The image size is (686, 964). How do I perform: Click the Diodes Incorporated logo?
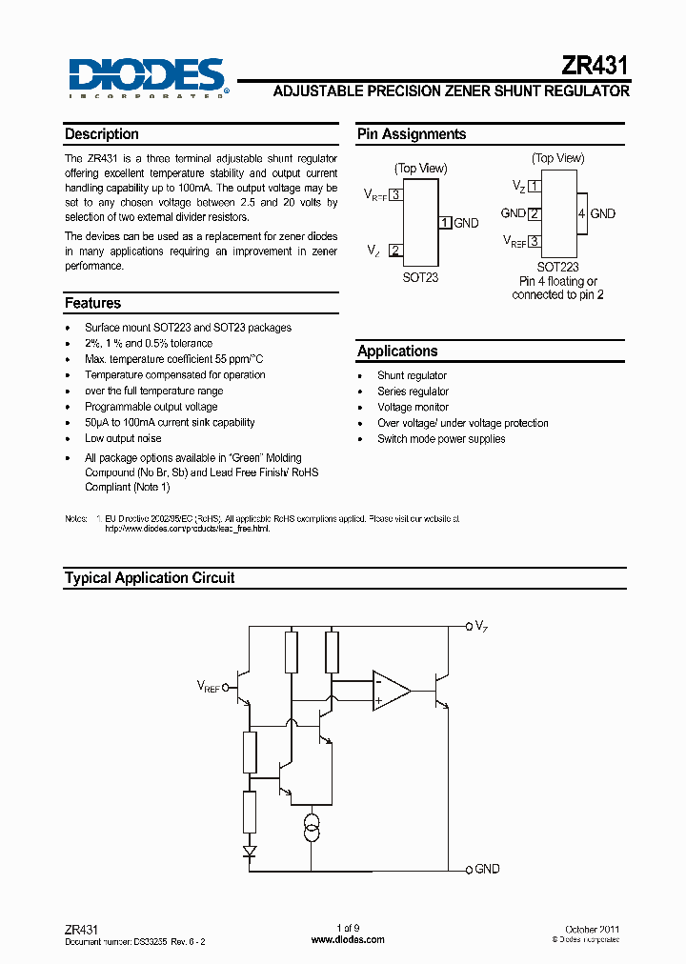147,76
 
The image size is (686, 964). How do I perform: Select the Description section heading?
102,134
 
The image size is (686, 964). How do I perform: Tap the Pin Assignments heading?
412,134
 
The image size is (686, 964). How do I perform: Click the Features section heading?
92,303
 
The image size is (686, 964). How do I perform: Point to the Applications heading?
397,351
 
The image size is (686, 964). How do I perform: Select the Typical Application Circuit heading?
150,577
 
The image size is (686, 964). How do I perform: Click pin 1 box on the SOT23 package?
445,223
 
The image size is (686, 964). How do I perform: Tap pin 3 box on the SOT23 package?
395,194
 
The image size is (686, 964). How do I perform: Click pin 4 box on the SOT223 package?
581,214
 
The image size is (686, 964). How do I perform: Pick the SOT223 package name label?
558,268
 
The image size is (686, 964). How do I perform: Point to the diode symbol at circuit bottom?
250,851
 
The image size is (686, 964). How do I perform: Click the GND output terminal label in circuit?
486,869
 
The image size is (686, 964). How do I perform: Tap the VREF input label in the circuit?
208,686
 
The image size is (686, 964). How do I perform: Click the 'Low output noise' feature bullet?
123,438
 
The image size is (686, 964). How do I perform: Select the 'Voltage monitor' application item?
413,407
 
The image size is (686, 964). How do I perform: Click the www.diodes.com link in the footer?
349,939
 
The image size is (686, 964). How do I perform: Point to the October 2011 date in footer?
592,929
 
